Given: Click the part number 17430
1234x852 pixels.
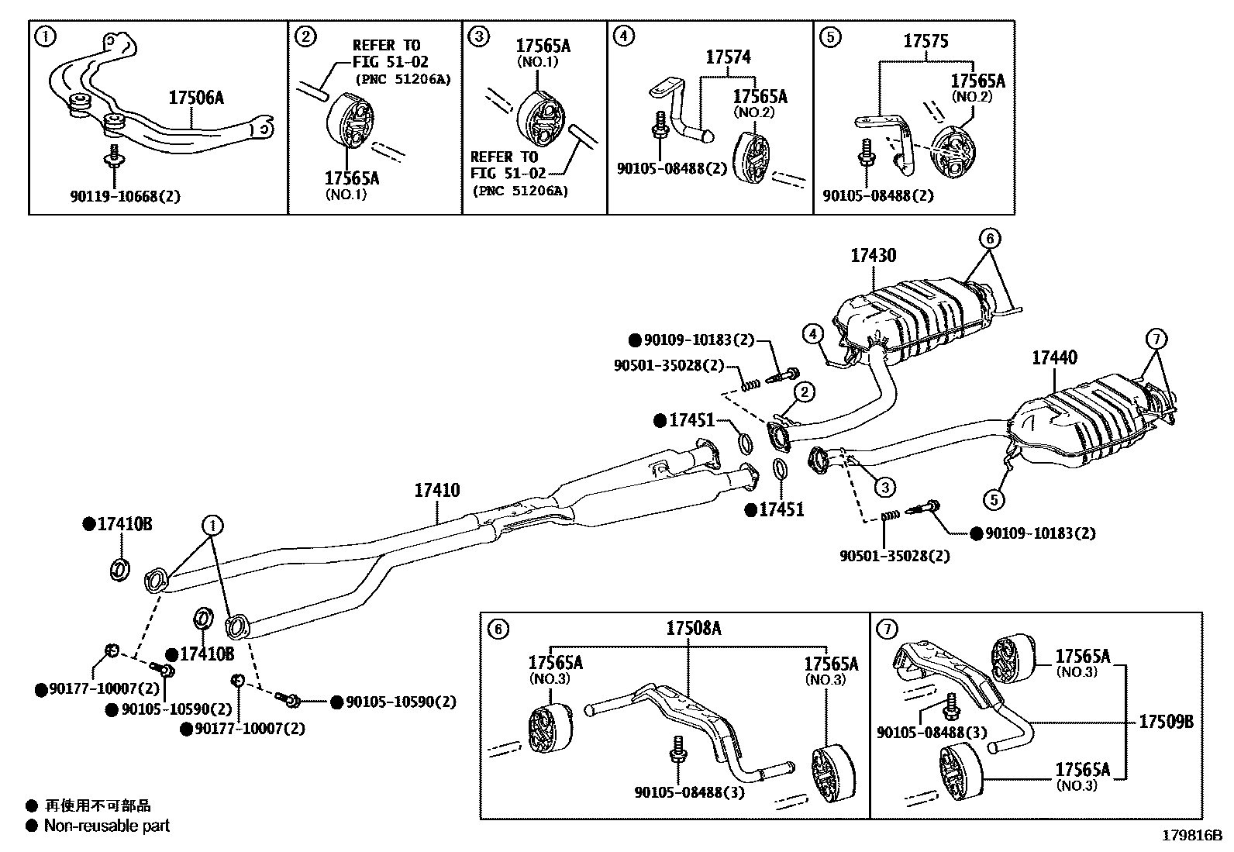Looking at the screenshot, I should pos(873,255).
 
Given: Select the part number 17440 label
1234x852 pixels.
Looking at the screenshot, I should pos(1054,357).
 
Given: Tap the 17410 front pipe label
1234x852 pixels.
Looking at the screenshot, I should pos(436,490).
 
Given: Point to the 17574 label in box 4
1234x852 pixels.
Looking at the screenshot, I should pos(728,57).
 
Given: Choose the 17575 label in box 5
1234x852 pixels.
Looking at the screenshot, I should pos(925,41).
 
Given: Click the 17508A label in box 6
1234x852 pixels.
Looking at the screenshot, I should pos(694,629).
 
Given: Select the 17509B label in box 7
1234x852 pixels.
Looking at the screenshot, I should pos(1166,722).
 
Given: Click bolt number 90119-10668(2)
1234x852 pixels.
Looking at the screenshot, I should pos(125,196).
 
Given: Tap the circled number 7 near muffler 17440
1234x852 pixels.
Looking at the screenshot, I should pos(1155,339).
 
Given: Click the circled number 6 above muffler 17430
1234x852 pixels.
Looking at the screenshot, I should pos(990,238).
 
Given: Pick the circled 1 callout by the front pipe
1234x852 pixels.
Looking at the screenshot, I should pos(212,526).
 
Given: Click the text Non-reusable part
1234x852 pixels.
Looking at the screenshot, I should pos(106,826).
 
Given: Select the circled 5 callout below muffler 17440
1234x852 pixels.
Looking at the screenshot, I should pos(994,499).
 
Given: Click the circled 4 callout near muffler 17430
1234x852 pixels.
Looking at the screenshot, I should pos(812,334).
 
